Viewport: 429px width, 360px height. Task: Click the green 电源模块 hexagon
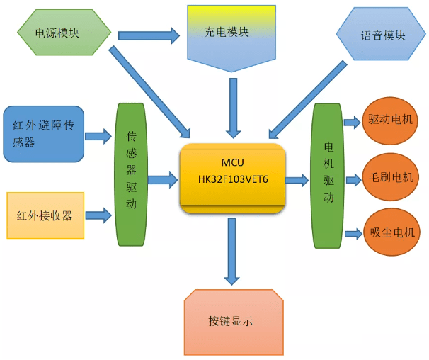(x=64, y=33)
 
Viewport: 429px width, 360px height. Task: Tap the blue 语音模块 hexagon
(x=381, y=34)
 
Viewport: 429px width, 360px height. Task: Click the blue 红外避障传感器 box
(x=43, y=134)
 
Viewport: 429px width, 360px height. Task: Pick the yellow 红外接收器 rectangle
(x=45, y=215)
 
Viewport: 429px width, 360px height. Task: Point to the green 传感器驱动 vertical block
(x=131, y=174)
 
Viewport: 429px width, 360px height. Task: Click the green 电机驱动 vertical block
(x=328, y=176)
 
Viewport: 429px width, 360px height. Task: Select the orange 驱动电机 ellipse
(x=390, y=120)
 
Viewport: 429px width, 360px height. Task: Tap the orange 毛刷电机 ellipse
(x=391, y=177)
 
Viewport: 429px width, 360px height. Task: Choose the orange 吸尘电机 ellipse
(x=391, y=232)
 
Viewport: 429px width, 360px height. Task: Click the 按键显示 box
(x=234, y=322)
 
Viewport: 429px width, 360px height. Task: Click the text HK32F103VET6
(x=233, y=179)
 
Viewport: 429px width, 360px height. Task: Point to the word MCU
(x=233, y=162)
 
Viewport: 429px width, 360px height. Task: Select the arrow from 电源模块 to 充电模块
(x=149, y=35)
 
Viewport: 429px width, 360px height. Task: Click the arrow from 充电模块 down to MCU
(x=234, y=108)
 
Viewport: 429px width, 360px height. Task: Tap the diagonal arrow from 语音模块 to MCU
(x=308, y=100)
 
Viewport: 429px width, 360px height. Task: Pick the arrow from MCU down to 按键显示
(x=232, y=252)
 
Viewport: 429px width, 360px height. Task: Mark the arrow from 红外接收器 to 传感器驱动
(x=98, y=215)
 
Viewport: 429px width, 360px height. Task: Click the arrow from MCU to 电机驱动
(x=297, y=180)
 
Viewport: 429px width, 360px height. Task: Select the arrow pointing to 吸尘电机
(x=353, y=234)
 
